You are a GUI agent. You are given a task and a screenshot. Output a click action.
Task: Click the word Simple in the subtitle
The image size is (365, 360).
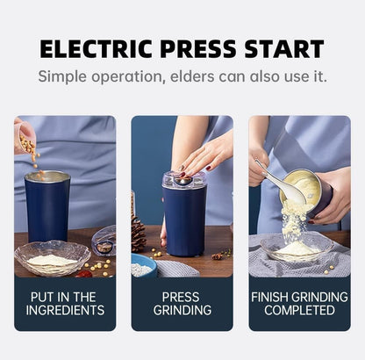tap(66, 76)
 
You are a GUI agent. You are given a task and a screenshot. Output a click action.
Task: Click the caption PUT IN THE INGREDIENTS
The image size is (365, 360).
tap(65, 304)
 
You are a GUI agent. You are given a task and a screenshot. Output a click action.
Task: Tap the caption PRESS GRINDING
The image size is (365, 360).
tap(182, 304)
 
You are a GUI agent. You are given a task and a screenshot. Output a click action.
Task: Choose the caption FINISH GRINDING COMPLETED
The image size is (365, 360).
tap(300, 304)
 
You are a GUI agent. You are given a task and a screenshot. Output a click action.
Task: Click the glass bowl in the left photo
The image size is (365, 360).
tap(53, 259)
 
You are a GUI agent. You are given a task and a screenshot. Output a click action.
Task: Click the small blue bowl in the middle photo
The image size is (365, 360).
tap(143, 267)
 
